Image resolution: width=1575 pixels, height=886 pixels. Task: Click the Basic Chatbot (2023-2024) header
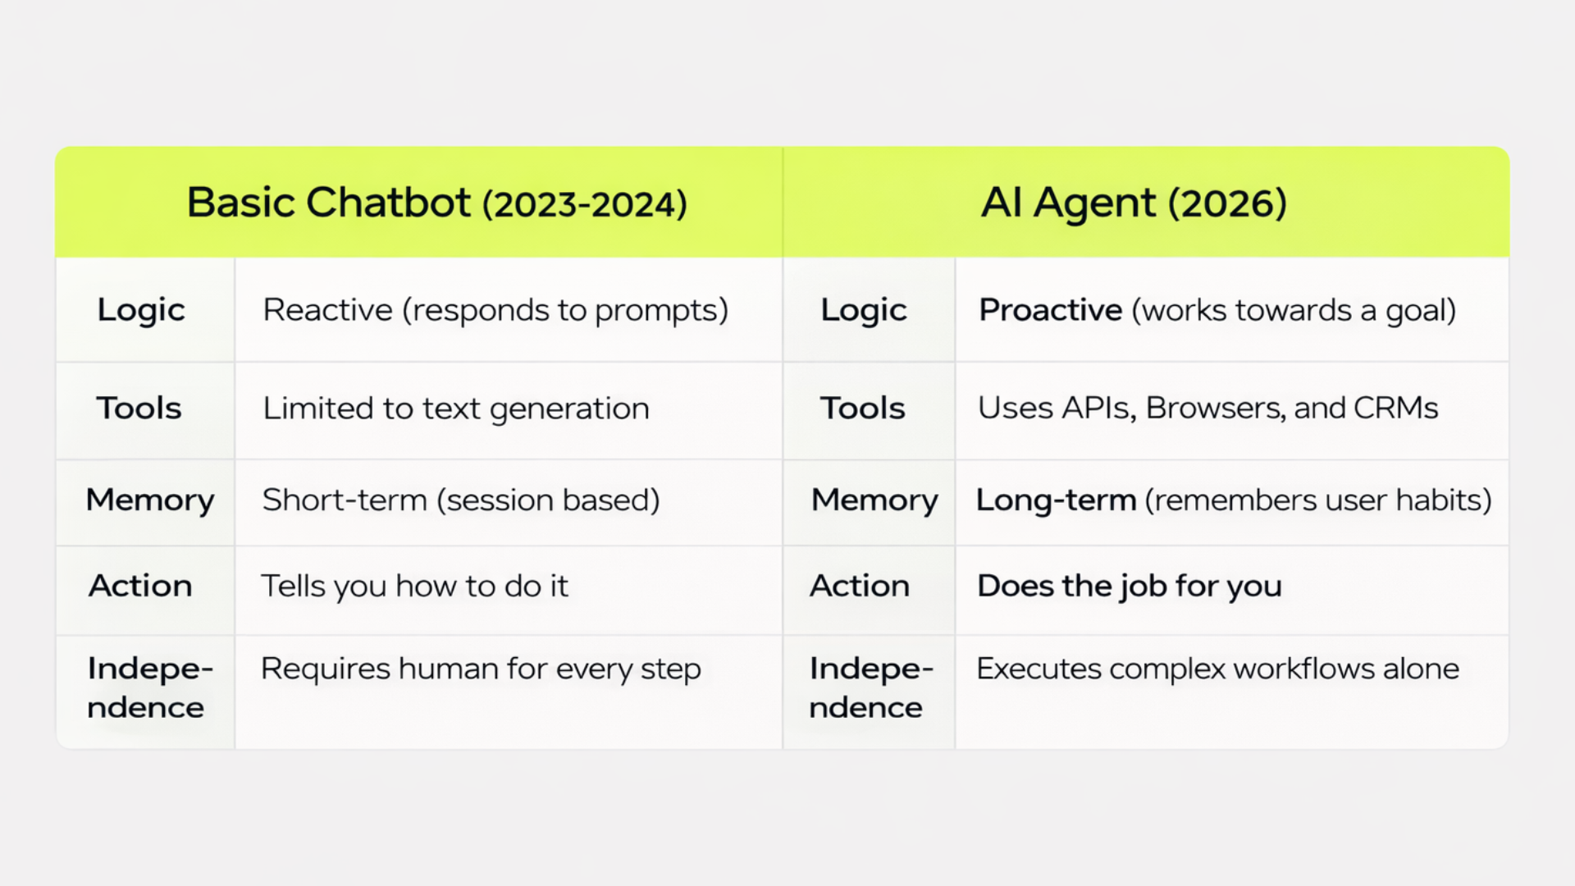[x=436, y=203]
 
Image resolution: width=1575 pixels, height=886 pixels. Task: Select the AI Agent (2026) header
[x=1134, y=203]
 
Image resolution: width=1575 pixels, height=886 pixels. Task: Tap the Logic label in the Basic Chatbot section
[x=141, y=311]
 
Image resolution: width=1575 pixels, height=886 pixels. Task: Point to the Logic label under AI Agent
[x=864, y=311]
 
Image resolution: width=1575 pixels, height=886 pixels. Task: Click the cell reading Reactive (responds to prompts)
[x=495, y=311]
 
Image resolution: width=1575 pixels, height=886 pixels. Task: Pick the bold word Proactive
[x=1051, y=310]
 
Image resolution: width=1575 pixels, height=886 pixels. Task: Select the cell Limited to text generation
[x=456, y=409]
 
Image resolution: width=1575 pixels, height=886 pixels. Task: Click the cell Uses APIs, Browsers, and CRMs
[x=1208, y=408]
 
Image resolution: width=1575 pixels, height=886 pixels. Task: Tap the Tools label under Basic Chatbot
[x=139, y=408]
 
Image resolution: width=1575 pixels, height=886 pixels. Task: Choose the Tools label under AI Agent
[x=863, y=408]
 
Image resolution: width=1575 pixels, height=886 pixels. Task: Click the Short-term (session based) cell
[x=461, y=500]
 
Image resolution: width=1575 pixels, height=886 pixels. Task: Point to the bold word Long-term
[x=1056, y=500]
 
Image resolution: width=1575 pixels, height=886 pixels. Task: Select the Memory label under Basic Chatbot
[x=150, y=500]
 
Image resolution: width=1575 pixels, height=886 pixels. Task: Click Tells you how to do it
[x=414, y=586]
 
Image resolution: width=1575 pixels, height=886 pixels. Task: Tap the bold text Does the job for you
[x=1130, y=587]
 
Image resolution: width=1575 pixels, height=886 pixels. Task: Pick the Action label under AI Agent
[x=860, y=586]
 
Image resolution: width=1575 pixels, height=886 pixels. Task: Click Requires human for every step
[x=481, y=669]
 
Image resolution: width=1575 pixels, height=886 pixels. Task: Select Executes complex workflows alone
[x=1218, y=669]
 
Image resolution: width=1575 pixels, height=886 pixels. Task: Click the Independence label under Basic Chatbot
[x=150, y=687]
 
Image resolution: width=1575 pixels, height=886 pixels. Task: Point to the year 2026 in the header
[x=1227, y=204]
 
